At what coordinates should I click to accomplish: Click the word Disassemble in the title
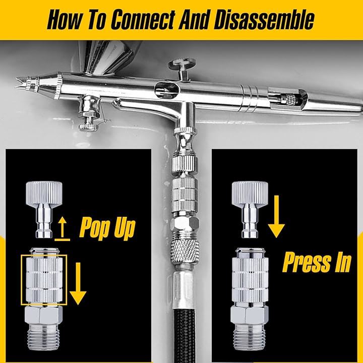tap(264, 20)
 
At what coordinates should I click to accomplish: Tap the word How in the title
tap(64, 20)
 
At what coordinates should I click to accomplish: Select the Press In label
tap(317, 262)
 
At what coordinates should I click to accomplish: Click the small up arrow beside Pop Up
tap(63, 229)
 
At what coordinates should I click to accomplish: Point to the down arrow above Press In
tap(276, 216)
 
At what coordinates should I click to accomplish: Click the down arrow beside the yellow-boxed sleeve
tap(78, 283)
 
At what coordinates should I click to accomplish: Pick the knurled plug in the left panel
tap(44, 210)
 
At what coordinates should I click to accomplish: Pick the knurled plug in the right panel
tap(250, 210)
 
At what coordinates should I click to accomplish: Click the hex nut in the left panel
tap(43, 315)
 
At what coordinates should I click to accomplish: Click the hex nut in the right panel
tap(250, 315)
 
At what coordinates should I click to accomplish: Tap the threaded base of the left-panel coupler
tap(43, 337)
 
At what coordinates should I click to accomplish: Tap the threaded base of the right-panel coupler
tap(250, 337)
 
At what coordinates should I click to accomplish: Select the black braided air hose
tap(184, 336)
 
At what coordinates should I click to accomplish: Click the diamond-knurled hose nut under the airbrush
tap(185, 251)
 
